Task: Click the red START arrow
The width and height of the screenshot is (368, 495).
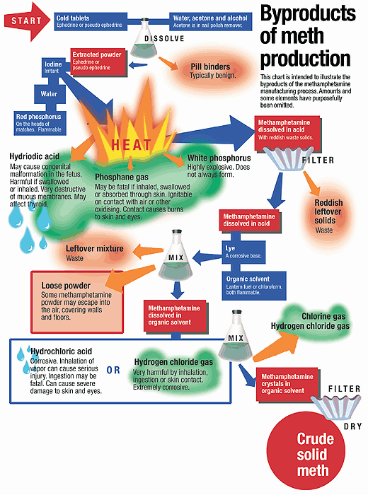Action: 27,21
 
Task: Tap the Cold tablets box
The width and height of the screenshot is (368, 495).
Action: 91,21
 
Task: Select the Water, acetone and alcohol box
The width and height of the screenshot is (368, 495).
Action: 211,21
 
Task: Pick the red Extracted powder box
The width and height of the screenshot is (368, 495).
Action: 98,62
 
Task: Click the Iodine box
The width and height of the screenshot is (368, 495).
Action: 53,67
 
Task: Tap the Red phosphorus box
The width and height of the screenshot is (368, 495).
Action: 40,123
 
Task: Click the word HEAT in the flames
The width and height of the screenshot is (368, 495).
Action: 131,145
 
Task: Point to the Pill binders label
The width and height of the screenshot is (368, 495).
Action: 211,67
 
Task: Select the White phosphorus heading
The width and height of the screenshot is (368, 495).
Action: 219,158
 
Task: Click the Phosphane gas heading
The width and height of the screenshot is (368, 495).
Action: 122,177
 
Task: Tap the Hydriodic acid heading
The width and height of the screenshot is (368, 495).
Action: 35,156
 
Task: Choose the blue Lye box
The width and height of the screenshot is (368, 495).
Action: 244,252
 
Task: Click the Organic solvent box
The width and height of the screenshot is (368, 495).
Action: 254,286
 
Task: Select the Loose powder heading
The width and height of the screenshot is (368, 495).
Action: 66,286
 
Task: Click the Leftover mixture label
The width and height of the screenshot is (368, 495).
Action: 94,248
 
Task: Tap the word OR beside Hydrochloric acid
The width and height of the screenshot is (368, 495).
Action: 113,370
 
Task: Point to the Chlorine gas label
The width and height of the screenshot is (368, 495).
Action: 323,316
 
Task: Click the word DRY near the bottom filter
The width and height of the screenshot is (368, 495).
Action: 352,426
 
